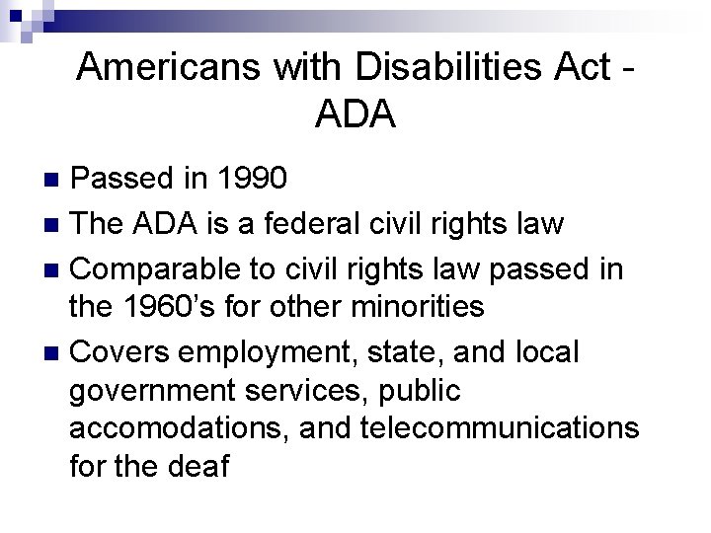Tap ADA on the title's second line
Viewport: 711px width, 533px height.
pos(355,114)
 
